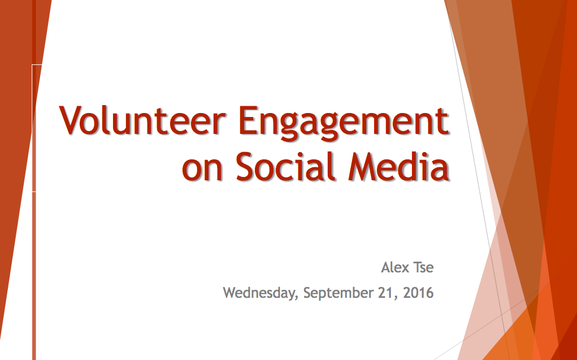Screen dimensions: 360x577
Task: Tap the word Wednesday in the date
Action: click(x=259, y=293)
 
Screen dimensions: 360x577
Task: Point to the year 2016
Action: click(x=418, y=293)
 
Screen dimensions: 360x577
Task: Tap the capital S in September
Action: click(x=307, y=293)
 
